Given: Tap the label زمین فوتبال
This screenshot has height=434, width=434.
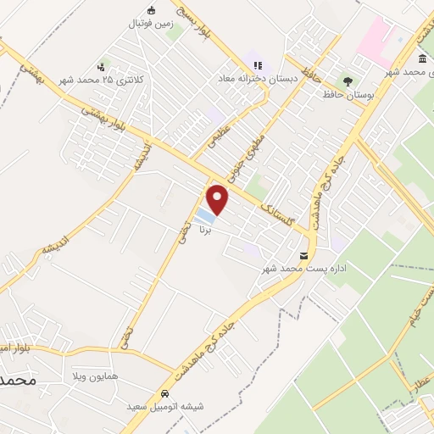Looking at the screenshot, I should pyautogui.click(x=150, y=24).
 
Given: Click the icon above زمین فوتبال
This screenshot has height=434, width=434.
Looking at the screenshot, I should pyautogui.click(x=151, y=10).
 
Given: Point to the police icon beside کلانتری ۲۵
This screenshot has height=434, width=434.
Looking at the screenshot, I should pyautogui.click(x=101, y=66).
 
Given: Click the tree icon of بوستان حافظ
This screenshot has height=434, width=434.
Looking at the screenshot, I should pyautogui.click(x=347, y=81).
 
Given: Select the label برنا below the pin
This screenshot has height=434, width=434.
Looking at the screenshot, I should pyautogui.click(x=204, y=229).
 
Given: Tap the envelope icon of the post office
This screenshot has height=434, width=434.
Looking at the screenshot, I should pyautogui.click(x=303, y=255).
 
